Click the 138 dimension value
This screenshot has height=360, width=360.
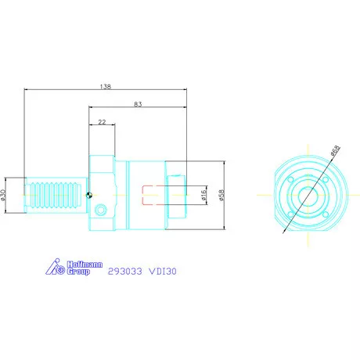[106, 86]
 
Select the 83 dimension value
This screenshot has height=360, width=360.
[138, 104]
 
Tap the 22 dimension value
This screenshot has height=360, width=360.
[102, 122]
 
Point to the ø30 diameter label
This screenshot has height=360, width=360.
[3, 195]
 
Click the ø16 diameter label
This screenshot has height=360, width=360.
[203, 195]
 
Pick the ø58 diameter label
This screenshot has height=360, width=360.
[221, 195]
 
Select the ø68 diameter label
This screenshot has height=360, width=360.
[335, 150]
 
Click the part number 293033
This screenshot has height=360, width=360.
[125, 272]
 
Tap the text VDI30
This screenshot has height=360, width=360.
[163, 272]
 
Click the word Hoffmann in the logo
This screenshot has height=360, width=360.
[85, 265]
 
